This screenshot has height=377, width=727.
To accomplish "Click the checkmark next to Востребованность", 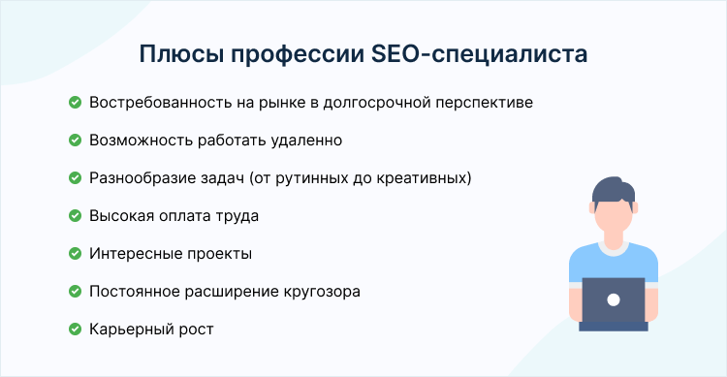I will (75, 102).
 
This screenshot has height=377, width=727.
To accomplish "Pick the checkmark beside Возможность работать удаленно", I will (75, 140).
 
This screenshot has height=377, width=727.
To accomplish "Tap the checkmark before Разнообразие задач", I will (75, 177).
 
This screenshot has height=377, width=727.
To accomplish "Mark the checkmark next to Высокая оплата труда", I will (75, 215).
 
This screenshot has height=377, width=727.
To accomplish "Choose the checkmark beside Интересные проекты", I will (75, 253).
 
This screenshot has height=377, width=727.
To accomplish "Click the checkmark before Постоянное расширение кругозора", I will (75, 291).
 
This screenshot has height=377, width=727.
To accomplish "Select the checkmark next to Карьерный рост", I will (75, 329).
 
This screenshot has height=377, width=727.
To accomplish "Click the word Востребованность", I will (154, 102).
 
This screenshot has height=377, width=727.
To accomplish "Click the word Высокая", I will (119, 215).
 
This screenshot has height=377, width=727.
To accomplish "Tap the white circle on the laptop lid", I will (613, 300).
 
